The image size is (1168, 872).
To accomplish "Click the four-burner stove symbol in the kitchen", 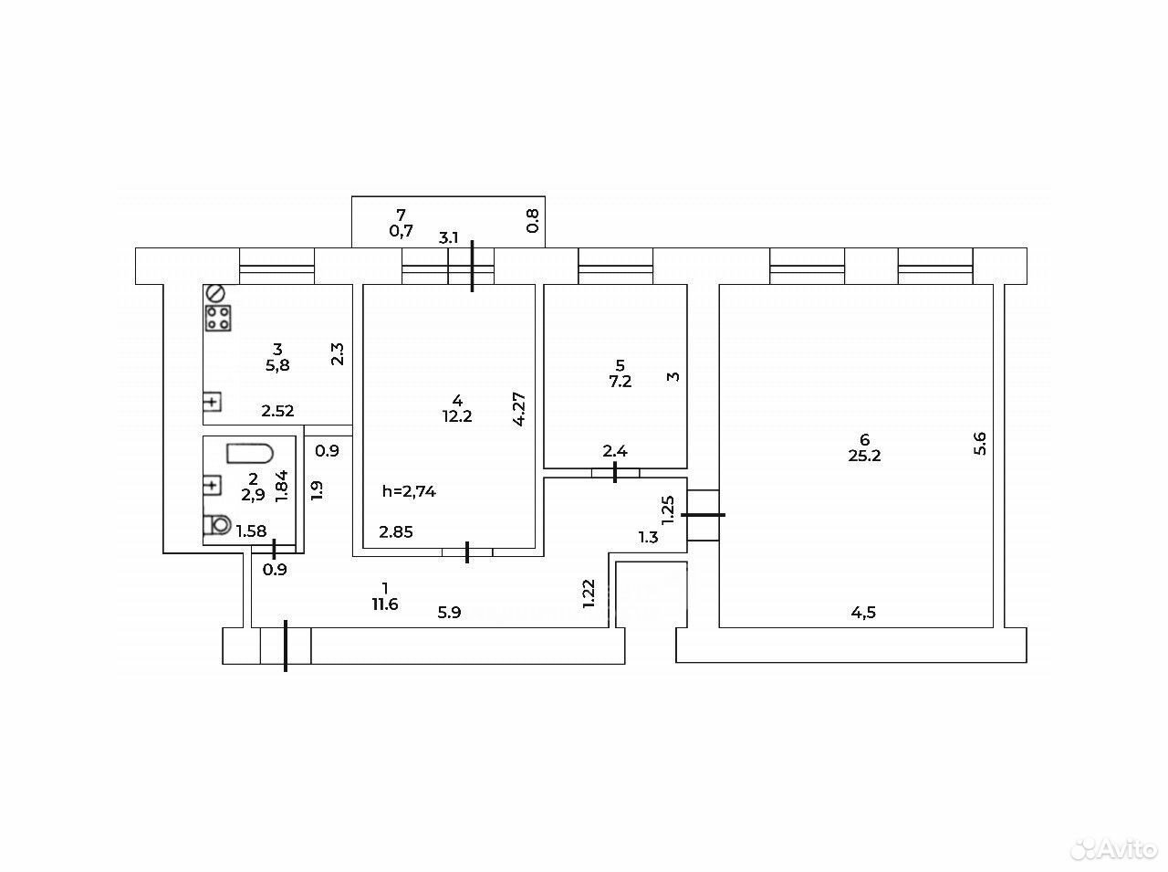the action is click(218, 318).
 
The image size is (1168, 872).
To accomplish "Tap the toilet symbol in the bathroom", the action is click(218, 525).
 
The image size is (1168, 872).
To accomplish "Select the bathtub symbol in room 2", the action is click(250, 454).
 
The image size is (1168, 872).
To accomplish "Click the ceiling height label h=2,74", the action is click(409, 491).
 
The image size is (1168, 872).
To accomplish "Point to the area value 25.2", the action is click(865, 457).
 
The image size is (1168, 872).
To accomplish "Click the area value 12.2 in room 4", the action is click(457, 416).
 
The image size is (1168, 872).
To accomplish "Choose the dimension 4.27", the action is click(519, 409).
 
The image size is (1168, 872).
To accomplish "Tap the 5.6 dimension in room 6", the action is click(980, 444).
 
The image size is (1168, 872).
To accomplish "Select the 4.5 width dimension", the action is click(863, 613).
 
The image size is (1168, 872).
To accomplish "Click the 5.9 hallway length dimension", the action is click(449, 613).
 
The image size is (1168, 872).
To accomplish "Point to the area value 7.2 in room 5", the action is click(620, 382).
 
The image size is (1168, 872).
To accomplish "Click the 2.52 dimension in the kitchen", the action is click(277, 411).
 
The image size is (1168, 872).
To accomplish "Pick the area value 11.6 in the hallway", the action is click(385, 604).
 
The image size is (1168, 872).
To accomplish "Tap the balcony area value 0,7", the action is click(401, 231).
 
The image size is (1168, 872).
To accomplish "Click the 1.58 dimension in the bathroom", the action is click(251, 531).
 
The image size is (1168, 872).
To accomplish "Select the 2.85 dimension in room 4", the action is click(396, 531).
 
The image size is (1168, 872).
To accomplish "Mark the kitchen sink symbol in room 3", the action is click(213, 402).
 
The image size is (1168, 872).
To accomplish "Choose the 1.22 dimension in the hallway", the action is click(588, 594).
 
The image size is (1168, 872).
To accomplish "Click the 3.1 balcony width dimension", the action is click(449, 237).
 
